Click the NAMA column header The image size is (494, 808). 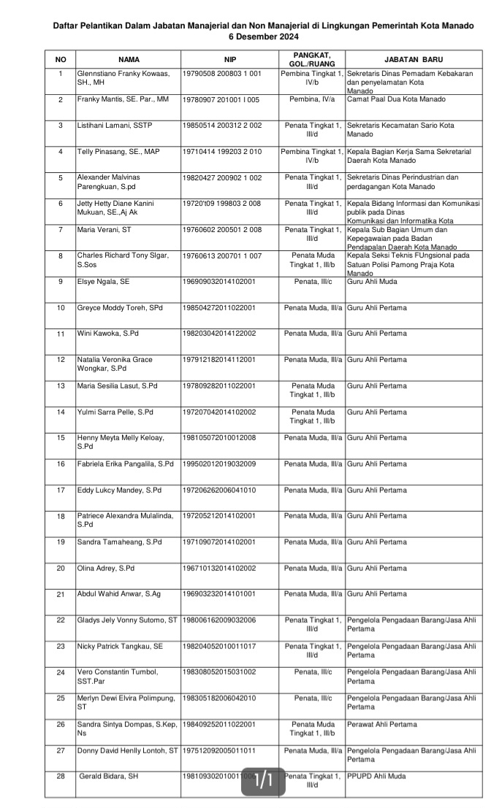tap(129, 59)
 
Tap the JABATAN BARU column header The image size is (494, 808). tap(413, 59)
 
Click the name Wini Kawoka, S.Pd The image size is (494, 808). tap(108, 334)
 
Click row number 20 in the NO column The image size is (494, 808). tap(61, 568)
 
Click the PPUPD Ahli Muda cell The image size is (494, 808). tap(376, 776)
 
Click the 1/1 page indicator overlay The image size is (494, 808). tap(263, 781)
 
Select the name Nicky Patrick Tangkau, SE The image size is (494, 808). tap(120, 646)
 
